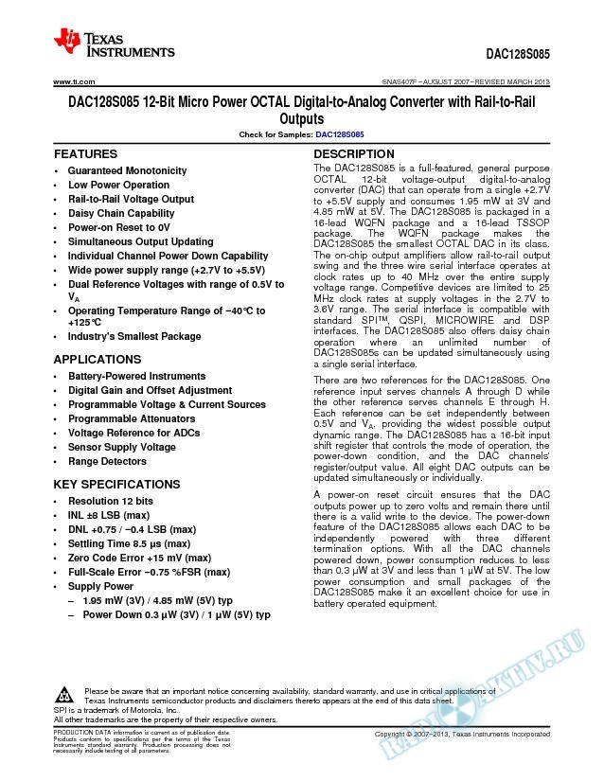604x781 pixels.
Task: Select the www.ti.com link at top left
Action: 71,83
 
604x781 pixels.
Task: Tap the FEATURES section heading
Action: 86,153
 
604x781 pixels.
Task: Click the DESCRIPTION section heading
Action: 354,153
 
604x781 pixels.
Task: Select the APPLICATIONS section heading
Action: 98,360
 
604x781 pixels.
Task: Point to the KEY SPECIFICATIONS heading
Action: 116,484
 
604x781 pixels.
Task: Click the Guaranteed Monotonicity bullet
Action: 126,170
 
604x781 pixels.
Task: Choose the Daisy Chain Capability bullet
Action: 120,213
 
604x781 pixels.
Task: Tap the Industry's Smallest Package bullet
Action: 133,336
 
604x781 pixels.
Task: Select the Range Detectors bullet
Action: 107,462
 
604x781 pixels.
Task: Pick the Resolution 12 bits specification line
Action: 111,501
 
